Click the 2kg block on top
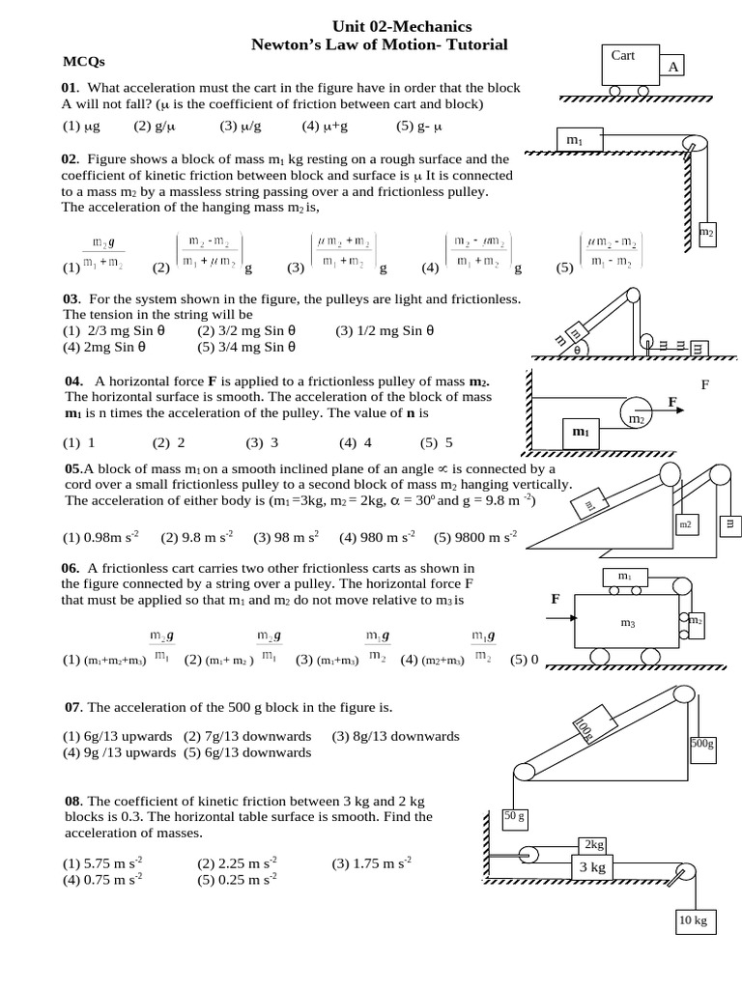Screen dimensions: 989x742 click(x=592, y=844)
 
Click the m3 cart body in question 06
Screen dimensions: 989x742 click(x=627, y=624)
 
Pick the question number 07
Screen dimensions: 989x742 click(x=73, y=707)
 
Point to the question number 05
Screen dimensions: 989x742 click(x=72, y=468)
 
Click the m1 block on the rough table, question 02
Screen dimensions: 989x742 click(x=577, y=141)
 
